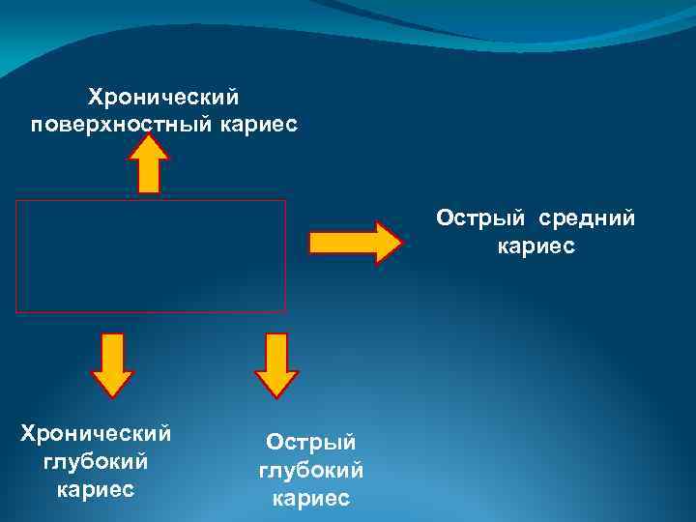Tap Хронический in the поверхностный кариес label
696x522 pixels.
click(x=163, y=97)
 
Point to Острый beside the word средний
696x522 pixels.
click(x=477, y=217)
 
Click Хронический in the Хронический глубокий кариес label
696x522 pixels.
click(x=96, y=431)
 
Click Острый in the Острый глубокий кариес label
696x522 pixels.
click(x=311, y=442)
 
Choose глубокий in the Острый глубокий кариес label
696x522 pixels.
click(x=311, y=470)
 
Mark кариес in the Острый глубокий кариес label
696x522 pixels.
click(x=311, y=499)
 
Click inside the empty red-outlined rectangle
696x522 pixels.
click(x=151, y=256)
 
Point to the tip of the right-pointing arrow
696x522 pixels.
click(x=397, y=242)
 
